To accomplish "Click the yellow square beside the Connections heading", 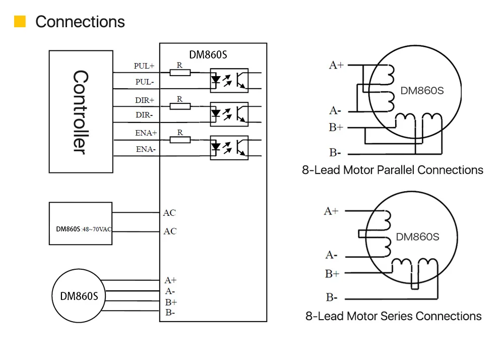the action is [x=20, y=22].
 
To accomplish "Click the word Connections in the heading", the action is [x=80, y=22].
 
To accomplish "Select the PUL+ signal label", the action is [x=144, y=66].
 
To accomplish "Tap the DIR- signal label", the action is [x=144, y=115].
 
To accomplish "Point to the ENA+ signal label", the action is [x=146, y=133].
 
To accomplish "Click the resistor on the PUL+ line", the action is [x=180, y=73].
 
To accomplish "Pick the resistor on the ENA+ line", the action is [x=180, y=140].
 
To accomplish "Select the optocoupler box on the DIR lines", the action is [x=229, y=114].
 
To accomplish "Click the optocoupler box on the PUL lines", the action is [x=229, y=80].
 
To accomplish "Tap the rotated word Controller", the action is [x=80, y=112].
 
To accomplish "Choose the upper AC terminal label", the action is [x=169, y=213].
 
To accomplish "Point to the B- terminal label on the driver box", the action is [x=170, y=313].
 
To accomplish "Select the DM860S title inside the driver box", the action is [x=208, y=55].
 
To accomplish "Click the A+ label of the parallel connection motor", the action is [x=336, y=65].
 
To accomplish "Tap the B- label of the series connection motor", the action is [x=332, y=297].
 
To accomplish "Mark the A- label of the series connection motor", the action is [x=331, y=255].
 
